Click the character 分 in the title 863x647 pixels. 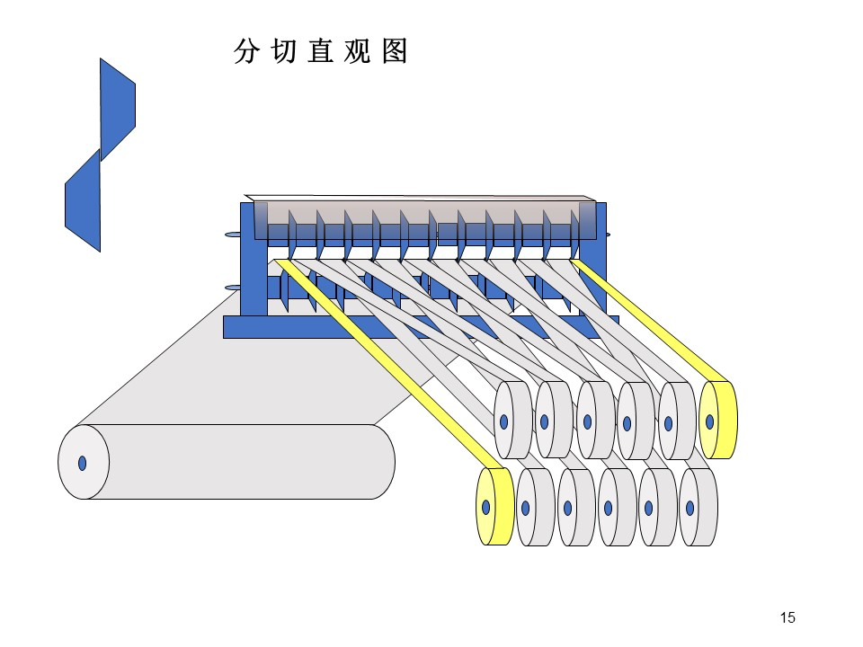coord(246,51)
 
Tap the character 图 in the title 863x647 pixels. coord(394,51)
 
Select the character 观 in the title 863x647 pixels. coord(358,51)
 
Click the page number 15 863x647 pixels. coord(787,617)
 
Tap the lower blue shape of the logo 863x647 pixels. coord(83,201)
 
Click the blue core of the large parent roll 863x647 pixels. coord(83,464)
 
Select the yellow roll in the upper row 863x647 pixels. coord(718,421)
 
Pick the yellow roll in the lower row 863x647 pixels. coord(494,506)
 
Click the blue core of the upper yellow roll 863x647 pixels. coord(709,422)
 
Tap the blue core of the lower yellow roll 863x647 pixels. coord(486,507)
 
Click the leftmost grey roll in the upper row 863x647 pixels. coord(513,420)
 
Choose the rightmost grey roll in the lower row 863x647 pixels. coord(698,507)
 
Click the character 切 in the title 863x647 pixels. coord(283,51)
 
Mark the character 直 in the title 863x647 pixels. coord(321,51)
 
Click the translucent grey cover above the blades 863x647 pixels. coord(423,219)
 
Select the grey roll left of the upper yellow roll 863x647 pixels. coord(678,421)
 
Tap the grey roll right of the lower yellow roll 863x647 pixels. coord(536,507)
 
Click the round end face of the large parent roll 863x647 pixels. coord(84,462)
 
